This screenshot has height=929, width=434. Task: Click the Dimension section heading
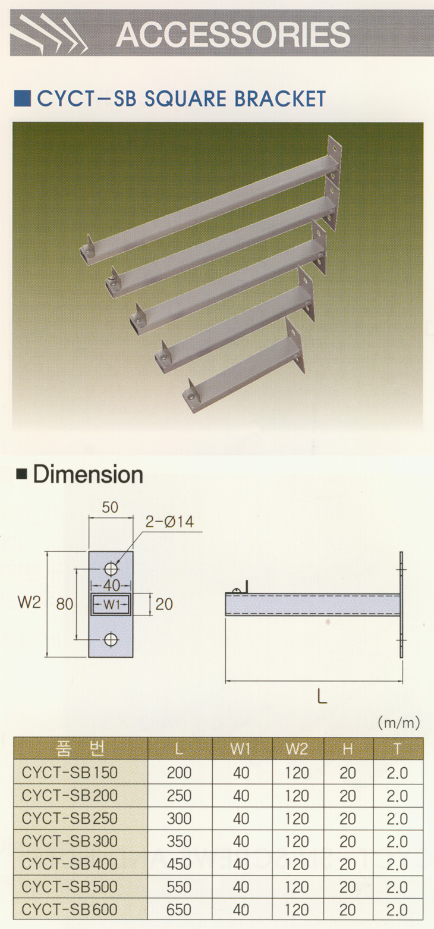pos(88,475)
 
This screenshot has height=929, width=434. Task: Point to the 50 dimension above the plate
pos(110,507)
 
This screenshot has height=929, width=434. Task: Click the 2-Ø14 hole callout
pos(169,522)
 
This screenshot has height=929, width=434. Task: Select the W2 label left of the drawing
pos(29,602)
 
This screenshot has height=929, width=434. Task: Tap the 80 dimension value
pos(65,604)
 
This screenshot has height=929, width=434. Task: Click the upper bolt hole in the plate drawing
pos(111,569)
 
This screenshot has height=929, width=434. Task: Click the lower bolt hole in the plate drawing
pos(111,640)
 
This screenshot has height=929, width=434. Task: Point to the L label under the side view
pos(322,697)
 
